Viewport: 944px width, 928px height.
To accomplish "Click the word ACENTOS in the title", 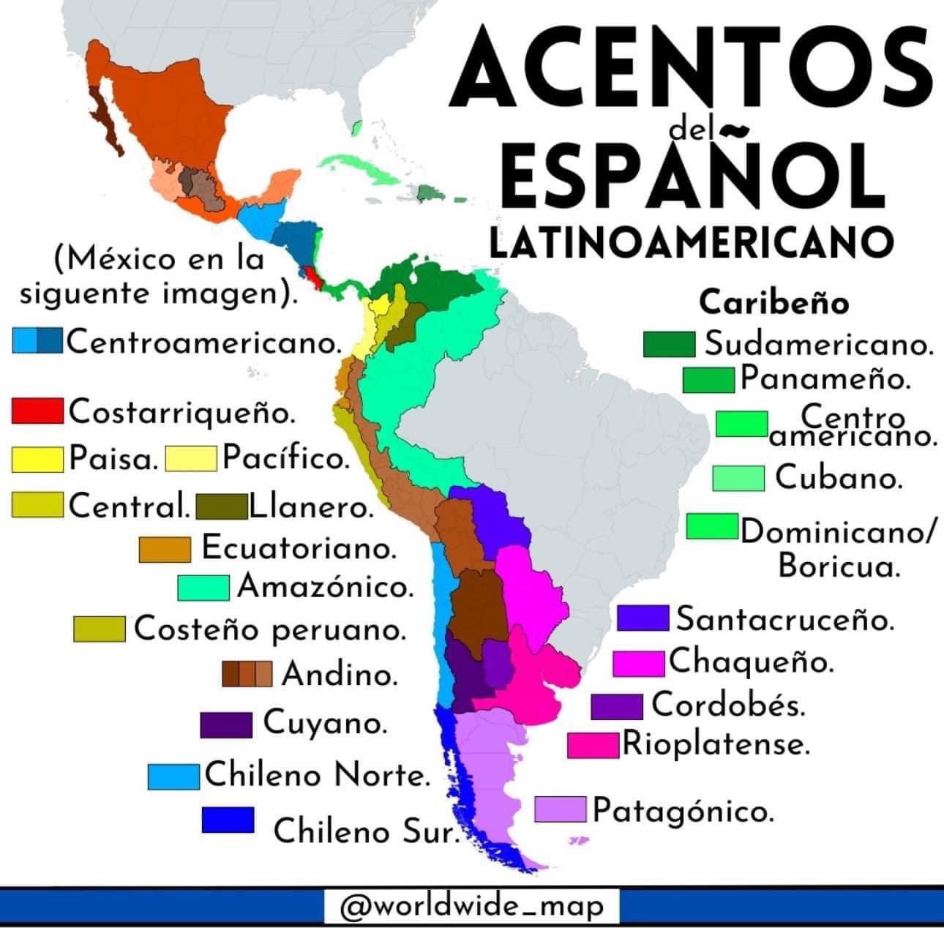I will [692, 67].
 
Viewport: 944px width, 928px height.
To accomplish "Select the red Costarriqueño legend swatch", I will [37, 411].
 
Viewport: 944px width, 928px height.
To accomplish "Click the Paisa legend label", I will [113, 459].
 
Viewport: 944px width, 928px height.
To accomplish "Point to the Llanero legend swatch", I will [221, 506].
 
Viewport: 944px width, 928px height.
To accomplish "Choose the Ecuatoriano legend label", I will [299, 547].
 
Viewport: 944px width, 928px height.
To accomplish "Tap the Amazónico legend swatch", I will [203, 587].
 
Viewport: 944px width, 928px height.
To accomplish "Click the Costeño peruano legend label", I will [269, 629].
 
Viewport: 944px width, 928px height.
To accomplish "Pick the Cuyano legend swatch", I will [226, 724].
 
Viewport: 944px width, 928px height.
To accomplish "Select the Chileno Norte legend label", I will [316, 775].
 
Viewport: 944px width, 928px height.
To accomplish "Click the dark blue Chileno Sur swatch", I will [228, 820].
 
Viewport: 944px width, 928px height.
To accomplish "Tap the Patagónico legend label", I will [682, 811].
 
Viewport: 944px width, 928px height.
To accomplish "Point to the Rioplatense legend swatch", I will [593, 745].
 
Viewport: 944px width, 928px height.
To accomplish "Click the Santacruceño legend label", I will [784, 619].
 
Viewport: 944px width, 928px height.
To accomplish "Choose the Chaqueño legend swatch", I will [639, 662].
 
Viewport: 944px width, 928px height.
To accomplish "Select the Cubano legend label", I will [838, 478].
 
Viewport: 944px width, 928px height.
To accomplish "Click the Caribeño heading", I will [774, 302].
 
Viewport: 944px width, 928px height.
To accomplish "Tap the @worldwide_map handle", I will [473, 907].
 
